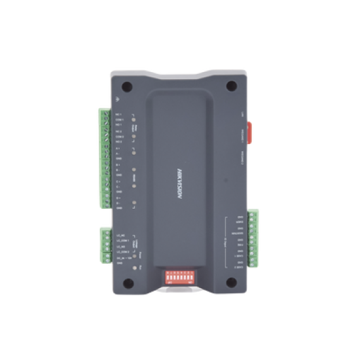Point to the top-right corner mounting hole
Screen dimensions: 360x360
(x=231, y=85)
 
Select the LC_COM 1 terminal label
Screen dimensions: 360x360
(x=122, y=240)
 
